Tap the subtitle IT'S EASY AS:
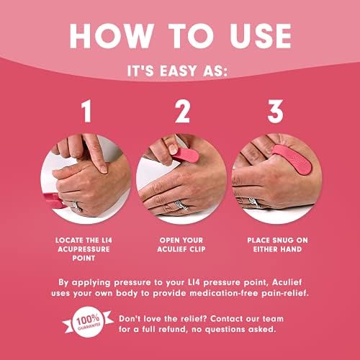[180, 73]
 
